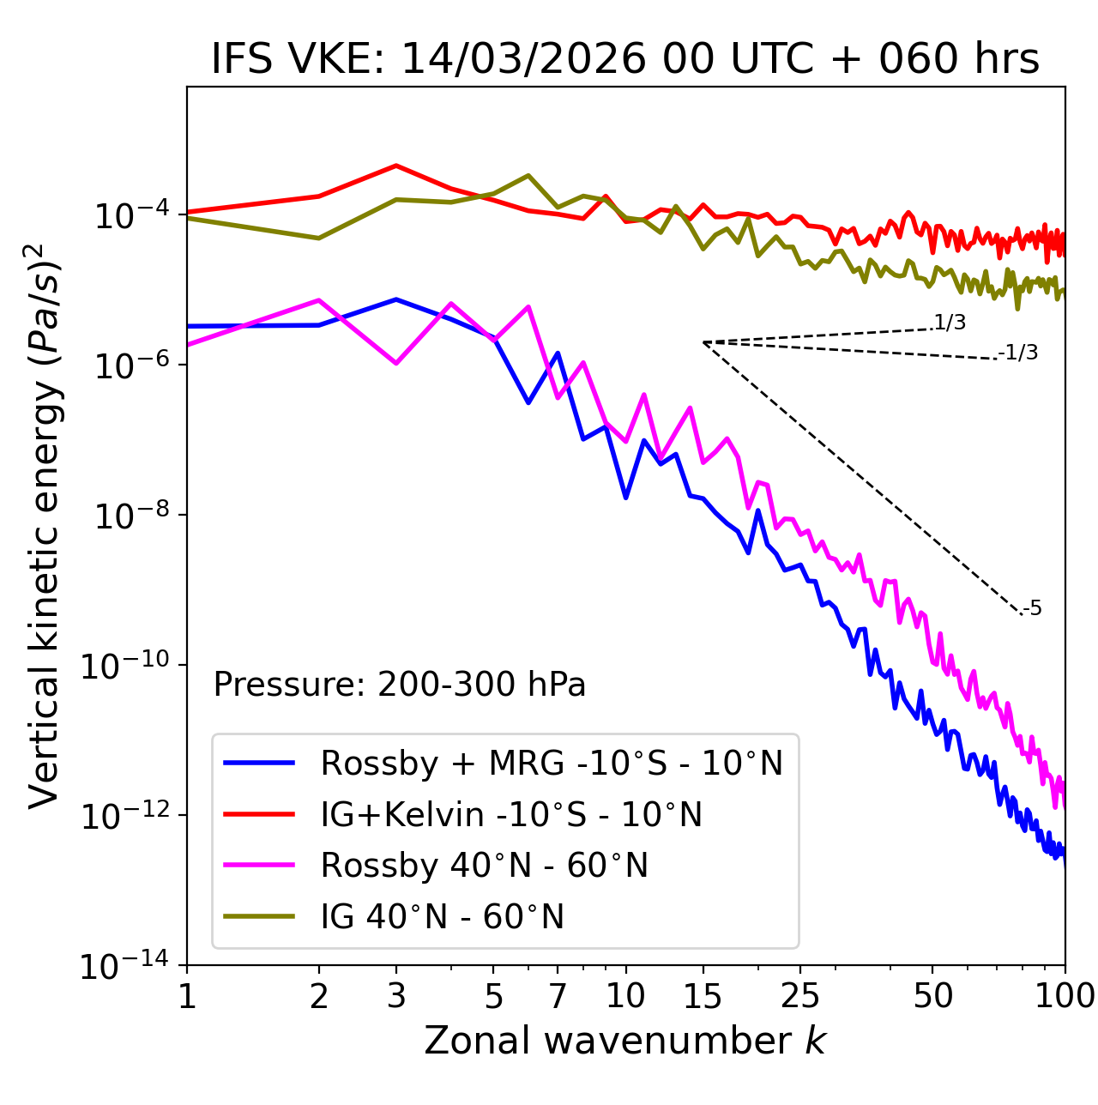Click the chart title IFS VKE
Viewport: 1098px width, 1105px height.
624,58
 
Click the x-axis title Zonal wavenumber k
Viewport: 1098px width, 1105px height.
624,1041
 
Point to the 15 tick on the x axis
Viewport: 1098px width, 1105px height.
703,995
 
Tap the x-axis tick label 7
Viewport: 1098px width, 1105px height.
558,995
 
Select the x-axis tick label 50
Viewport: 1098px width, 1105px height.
932,995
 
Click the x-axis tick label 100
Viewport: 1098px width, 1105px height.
1065,995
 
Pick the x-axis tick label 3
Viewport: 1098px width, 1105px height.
396,995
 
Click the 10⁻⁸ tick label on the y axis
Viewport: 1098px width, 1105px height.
127,516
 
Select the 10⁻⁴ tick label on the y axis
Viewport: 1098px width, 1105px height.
127,216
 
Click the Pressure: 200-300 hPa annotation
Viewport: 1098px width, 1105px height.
399,685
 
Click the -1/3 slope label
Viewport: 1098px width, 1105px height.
1019,353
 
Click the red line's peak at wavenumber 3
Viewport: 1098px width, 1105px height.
396,165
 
